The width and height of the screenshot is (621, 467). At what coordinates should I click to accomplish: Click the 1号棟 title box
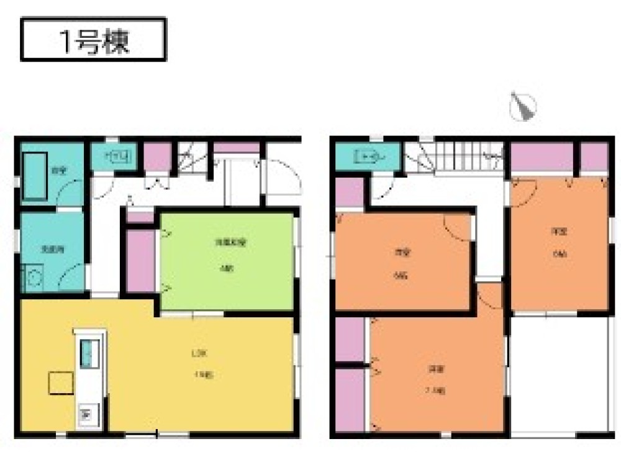pos(94,40)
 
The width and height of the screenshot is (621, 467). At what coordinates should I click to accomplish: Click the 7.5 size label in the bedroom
pos(435,391)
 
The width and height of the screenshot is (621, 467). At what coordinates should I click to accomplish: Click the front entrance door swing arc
pos(284,176)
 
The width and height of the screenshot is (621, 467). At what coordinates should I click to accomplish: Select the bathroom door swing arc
pos(70,193)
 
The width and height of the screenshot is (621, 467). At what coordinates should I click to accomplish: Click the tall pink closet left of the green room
pos(140,261)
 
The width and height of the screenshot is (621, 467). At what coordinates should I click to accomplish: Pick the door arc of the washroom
pos(72,277)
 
